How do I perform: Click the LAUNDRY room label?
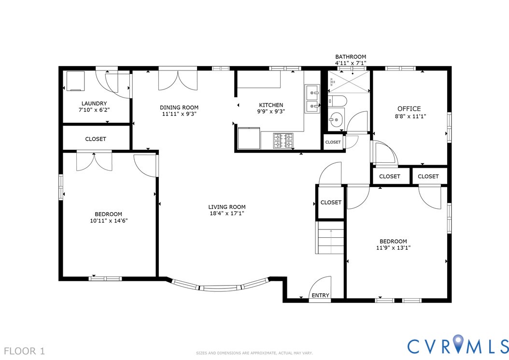tap(94, 103)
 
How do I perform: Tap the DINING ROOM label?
tap(179, 108)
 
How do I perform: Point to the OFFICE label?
tap(409, 109)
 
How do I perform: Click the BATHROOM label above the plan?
tap(351, 57)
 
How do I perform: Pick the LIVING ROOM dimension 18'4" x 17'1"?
tap(227, 214)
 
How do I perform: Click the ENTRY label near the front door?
tap(320, 295)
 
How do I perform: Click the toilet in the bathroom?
tap(337, 101)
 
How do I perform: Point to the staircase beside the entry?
tap(330, 238)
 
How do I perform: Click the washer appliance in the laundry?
tap(75, 81)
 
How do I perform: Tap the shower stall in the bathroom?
tap(349, 82)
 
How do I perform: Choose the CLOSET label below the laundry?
tap(96, 139)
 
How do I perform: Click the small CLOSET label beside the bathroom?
tap(333, 142)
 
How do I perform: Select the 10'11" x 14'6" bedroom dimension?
tap(109, 221)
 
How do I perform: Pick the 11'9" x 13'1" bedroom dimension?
tap(393, 248)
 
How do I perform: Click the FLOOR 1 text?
tap(25, 351)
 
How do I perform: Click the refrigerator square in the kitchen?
tap(249, 138)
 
